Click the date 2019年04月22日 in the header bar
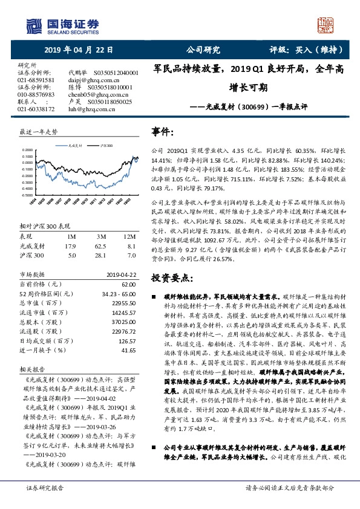pyautogui.click(x=78, y=50)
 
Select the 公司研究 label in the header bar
pyautogui.click(x=203, y=50)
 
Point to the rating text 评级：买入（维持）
pyautogui.click(x=302, y=50)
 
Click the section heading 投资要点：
pyautogui.click(x=172, y=277)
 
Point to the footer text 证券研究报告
pyautogui.click(x=45, y=487)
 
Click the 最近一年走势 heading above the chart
pyautogui.click(x=39, y=131)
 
